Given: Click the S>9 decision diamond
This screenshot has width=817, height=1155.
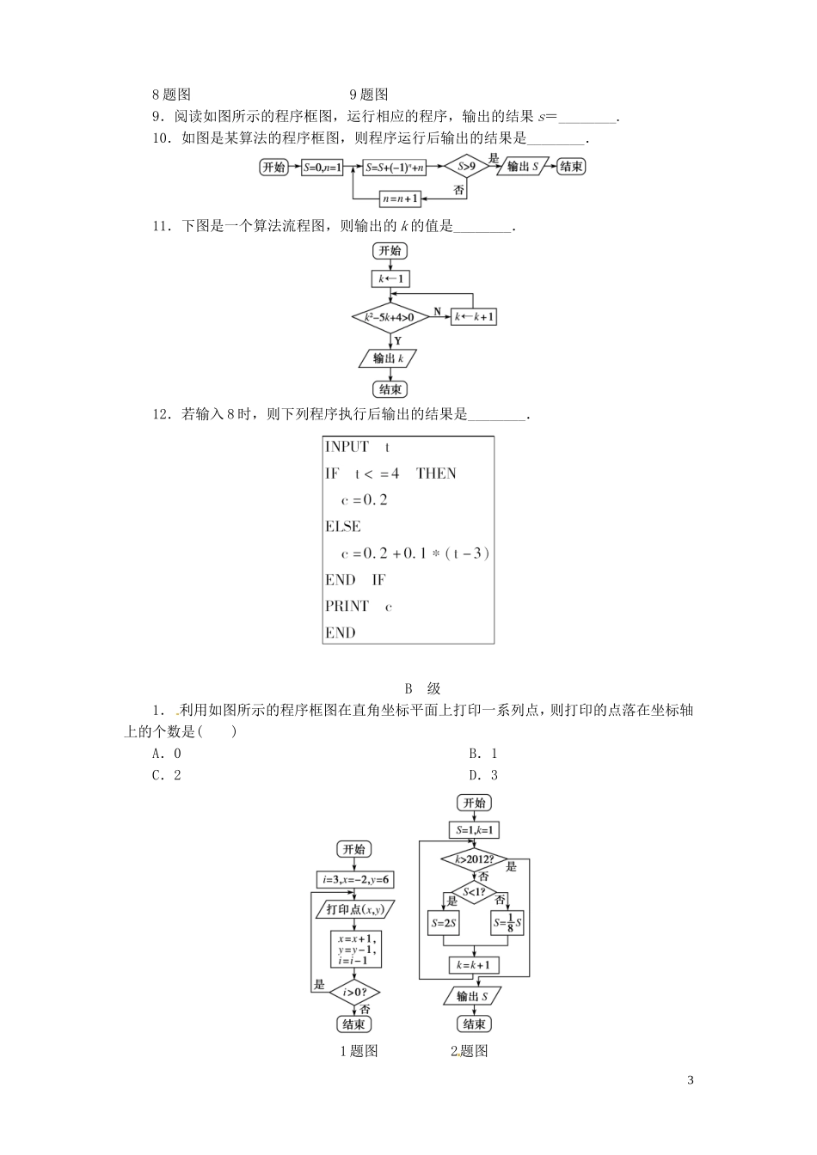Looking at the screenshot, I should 465,168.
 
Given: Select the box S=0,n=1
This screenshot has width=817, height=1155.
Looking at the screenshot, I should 322,168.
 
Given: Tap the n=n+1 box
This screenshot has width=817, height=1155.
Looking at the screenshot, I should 400,199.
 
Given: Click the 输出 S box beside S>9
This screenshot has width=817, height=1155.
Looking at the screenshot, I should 523,168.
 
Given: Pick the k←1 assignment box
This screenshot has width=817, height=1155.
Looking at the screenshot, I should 390,279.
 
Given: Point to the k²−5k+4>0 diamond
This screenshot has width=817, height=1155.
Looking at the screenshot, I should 390,317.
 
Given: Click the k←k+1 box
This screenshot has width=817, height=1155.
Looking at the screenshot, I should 475,317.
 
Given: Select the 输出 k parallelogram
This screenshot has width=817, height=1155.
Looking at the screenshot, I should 390,358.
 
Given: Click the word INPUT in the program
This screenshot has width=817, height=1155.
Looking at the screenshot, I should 347,447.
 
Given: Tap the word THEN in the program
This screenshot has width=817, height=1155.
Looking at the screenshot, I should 436,474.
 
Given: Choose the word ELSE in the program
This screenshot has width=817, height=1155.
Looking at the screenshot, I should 342,527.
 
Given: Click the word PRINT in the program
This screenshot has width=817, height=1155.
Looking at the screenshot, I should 347,607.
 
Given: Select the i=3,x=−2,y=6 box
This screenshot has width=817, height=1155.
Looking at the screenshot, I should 355,880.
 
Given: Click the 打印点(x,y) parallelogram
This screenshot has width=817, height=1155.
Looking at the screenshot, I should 355,910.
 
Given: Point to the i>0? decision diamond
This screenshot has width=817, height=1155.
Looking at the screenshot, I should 354,992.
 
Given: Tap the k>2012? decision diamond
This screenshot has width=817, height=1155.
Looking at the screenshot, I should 474,859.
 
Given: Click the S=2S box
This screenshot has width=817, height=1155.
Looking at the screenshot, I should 443,925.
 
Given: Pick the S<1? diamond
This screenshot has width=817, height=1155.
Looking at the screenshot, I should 475,893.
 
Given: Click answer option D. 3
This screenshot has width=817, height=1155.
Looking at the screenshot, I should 482,775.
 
